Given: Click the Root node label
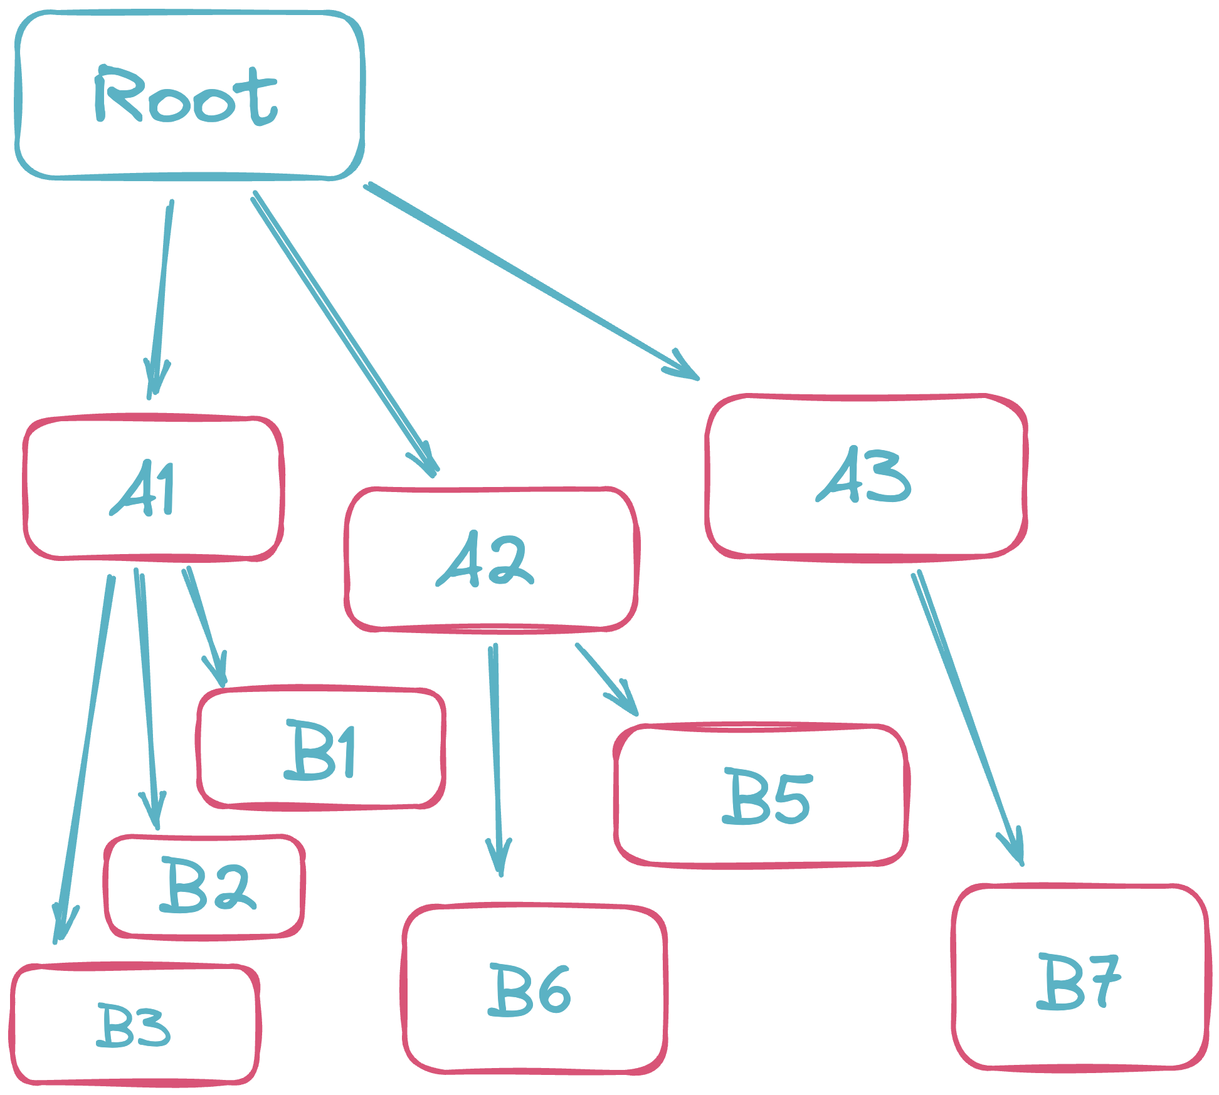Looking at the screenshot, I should tap(186, 95).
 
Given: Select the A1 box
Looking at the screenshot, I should tap(153, 487).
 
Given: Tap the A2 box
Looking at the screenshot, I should tap(491, 559).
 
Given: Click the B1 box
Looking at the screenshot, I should tap(320, 748).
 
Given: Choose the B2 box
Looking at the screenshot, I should tap(205, 886).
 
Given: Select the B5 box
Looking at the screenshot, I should tap(761, 795).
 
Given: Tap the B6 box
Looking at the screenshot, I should tap(534, 988).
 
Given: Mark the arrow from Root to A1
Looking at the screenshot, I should tap(161, 295).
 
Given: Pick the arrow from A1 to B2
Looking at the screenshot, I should tap(147, 696).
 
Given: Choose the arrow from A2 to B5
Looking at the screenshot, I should tap(605, 679).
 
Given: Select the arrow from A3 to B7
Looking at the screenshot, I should tap(966, 715).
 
